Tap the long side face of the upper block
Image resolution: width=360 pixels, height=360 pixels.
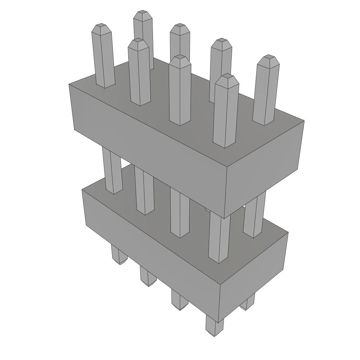pos(148,148)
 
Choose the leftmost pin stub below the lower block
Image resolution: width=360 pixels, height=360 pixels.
pos(118,255)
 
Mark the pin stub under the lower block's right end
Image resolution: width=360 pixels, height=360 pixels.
pos(248,303)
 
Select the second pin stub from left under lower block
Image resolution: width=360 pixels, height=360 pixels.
pos(148,276)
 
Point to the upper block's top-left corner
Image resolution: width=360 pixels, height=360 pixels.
pos(69,84)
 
